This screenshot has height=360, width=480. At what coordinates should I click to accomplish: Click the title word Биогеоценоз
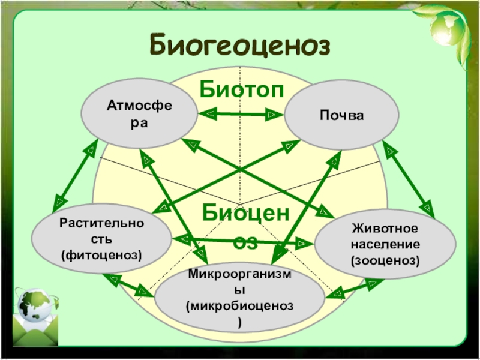[x=239, y=45]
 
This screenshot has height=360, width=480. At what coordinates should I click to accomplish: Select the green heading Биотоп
[x=242, y=89]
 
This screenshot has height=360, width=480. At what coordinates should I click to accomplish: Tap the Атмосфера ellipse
[x=139, y=113]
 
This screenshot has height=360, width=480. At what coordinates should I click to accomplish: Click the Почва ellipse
[x=341, y=115]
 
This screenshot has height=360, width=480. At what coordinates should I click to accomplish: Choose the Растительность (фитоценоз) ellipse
[x=101, y=239]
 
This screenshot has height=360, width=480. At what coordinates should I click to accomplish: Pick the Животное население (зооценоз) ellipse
[x=385, y=244]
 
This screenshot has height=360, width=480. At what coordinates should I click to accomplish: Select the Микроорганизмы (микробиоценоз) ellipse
[x=239, y=298]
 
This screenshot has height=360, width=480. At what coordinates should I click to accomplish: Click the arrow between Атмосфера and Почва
[x=241, y=115]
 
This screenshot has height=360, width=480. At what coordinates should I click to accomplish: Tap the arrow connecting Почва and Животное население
[x=409, y=179]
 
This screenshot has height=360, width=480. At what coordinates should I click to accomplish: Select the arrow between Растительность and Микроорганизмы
[x=128, y=285]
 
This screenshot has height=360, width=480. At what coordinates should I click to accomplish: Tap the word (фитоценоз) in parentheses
[x=101, y=255]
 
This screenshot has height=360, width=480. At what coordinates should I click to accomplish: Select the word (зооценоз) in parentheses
[x=385, y=260]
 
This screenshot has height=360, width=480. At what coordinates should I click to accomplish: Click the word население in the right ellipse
[x=385, y=244]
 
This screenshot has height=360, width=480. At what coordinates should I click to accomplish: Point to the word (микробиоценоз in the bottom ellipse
[x=239, y=306]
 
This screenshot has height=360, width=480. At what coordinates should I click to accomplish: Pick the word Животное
[x=385, y=229]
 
